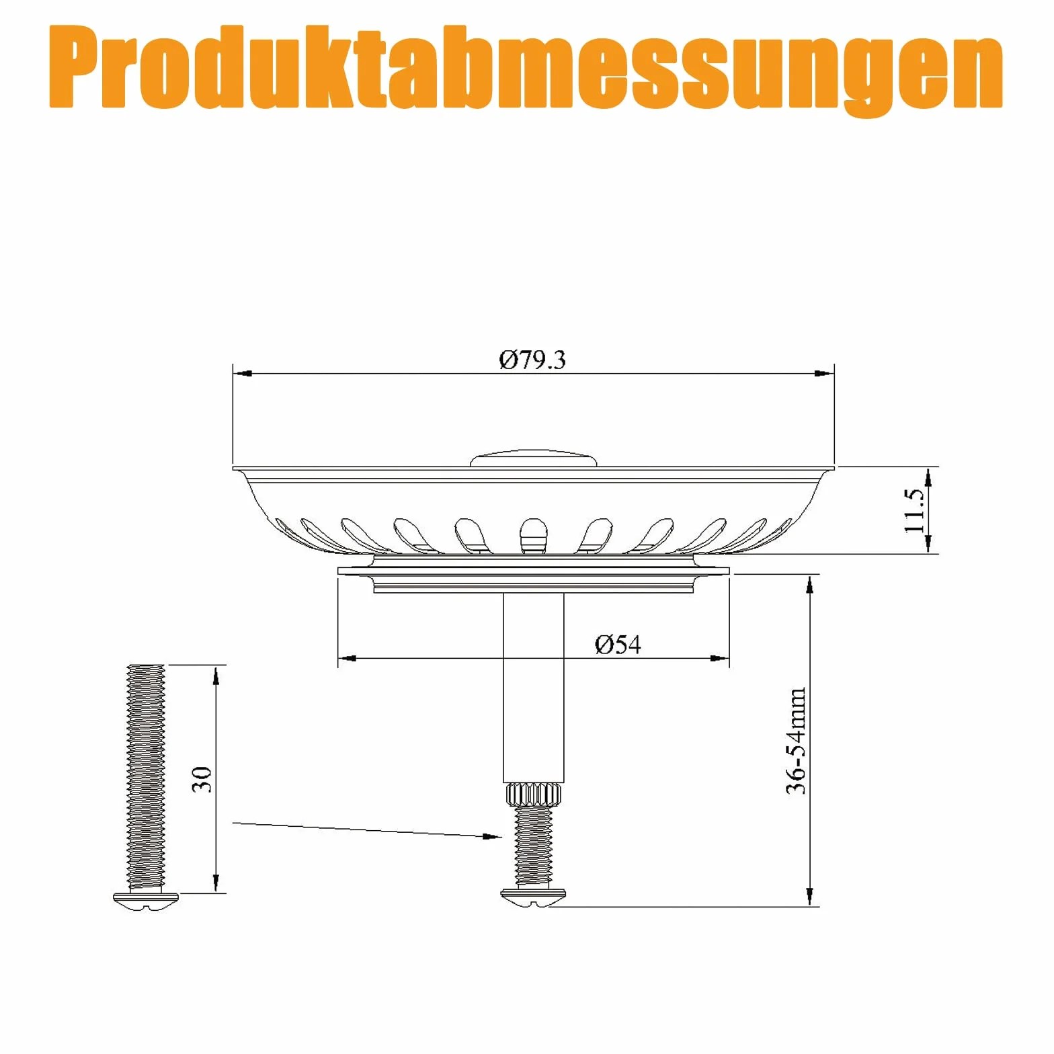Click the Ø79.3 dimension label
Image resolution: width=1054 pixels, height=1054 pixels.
(x=532, y=360)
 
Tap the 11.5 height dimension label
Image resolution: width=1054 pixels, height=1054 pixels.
(x=914, y=510)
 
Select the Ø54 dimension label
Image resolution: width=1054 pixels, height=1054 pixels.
(x=618, y=645)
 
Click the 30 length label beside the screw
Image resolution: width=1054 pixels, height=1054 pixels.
(x=202, y=779)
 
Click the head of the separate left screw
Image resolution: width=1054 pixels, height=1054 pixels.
(x=147, y=901)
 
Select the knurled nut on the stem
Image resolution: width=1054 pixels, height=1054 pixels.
(x=533, y=795)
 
